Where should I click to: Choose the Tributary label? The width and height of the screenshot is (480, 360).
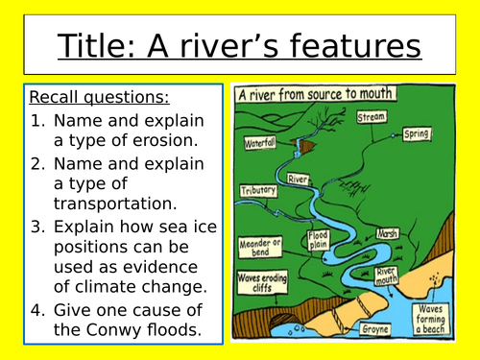pos(257,190)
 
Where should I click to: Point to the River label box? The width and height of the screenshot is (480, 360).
pos(298,178)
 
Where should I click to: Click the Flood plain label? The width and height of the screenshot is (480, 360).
pos(318,239)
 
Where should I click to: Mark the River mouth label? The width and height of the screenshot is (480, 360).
pos(386,277)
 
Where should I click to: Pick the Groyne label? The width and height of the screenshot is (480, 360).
pos(374,329)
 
